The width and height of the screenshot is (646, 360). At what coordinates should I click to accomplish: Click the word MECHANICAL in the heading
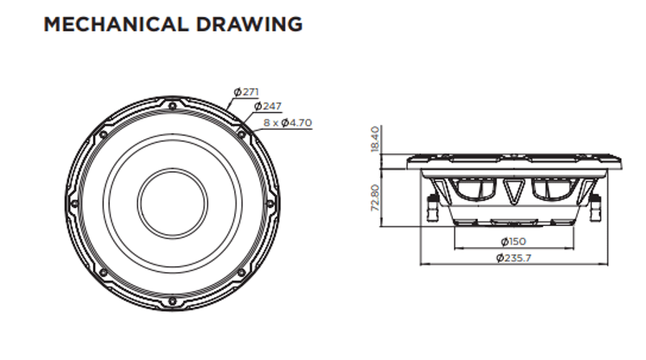pos(115,24)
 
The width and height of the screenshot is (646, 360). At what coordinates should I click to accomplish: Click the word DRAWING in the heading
pos(250,24)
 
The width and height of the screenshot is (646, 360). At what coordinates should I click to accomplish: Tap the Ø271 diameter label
pos(246,92)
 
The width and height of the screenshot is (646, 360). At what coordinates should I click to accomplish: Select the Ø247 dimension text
pos(268,107)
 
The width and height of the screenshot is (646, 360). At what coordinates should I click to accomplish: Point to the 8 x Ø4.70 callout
pos(287,123)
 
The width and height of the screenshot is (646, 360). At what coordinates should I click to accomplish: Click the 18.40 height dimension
pos(375,139)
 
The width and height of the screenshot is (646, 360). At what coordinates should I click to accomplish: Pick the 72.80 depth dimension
pos(375,198)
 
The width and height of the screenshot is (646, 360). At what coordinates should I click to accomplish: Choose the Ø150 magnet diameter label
pos(514,241)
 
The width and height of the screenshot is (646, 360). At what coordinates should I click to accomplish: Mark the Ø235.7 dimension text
pos(514,257)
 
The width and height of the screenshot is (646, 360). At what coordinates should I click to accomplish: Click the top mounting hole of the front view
pos(173,107)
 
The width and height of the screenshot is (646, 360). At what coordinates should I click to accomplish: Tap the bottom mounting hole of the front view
pos(173,301)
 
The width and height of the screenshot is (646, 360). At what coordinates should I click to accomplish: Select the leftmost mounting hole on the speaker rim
pos(75,203)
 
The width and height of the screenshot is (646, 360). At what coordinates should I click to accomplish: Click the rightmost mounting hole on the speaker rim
pos(271,203)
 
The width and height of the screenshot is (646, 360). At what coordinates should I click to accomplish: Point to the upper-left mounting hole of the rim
pos(103,135)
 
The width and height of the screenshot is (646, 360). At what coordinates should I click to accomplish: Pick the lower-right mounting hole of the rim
pos(241,273)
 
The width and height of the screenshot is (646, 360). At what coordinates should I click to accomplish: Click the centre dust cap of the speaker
pos(173,203)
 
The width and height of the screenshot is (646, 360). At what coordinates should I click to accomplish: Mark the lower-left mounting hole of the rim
pos(103,273)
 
